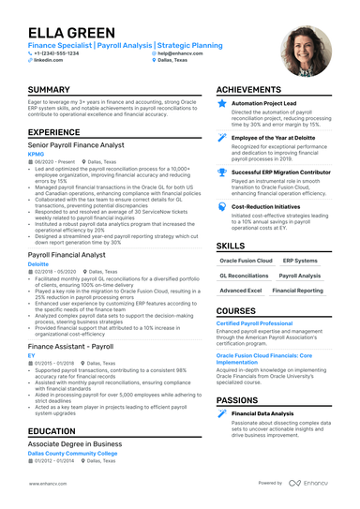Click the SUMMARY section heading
52,89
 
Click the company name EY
31,356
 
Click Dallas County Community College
73,453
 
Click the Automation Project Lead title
263,103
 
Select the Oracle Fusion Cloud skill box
246,261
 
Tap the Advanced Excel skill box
240,291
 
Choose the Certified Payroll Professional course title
255,322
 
